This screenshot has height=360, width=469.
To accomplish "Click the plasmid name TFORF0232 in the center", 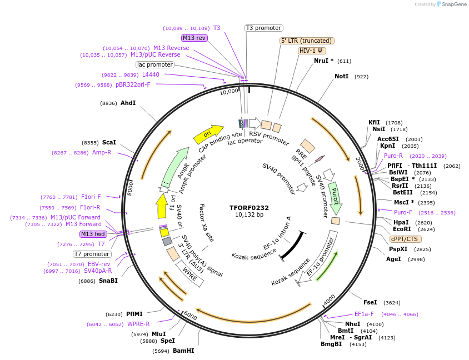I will pos(249,208).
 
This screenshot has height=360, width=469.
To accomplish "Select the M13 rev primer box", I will pos(194,38).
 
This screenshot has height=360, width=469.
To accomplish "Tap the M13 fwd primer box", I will pos(93,234).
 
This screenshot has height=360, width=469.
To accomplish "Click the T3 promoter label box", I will pos(264,28).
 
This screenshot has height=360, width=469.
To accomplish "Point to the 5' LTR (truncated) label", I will pos(306,41).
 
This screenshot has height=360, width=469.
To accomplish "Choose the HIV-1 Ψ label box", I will pos(312,51).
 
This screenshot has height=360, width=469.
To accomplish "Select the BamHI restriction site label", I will pos(183,351).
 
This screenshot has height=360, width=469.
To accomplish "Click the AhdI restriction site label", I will pos(128,103).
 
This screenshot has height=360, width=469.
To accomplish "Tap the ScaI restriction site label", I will pos(108,142).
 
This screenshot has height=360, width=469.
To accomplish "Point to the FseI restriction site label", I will pos(370,302).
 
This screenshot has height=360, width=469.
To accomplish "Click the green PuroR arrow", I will pos(335,197).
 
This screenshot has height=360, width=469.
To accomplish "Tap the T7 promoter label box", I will pos(92,254).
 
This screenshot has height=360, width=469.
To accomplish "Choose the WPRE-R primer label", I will pos(138,324).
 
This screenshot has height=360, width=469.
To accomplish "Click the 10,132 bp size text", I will pos(249,215).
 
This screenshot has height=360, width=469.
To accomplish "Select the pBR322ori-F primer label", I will pos(133,84).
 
